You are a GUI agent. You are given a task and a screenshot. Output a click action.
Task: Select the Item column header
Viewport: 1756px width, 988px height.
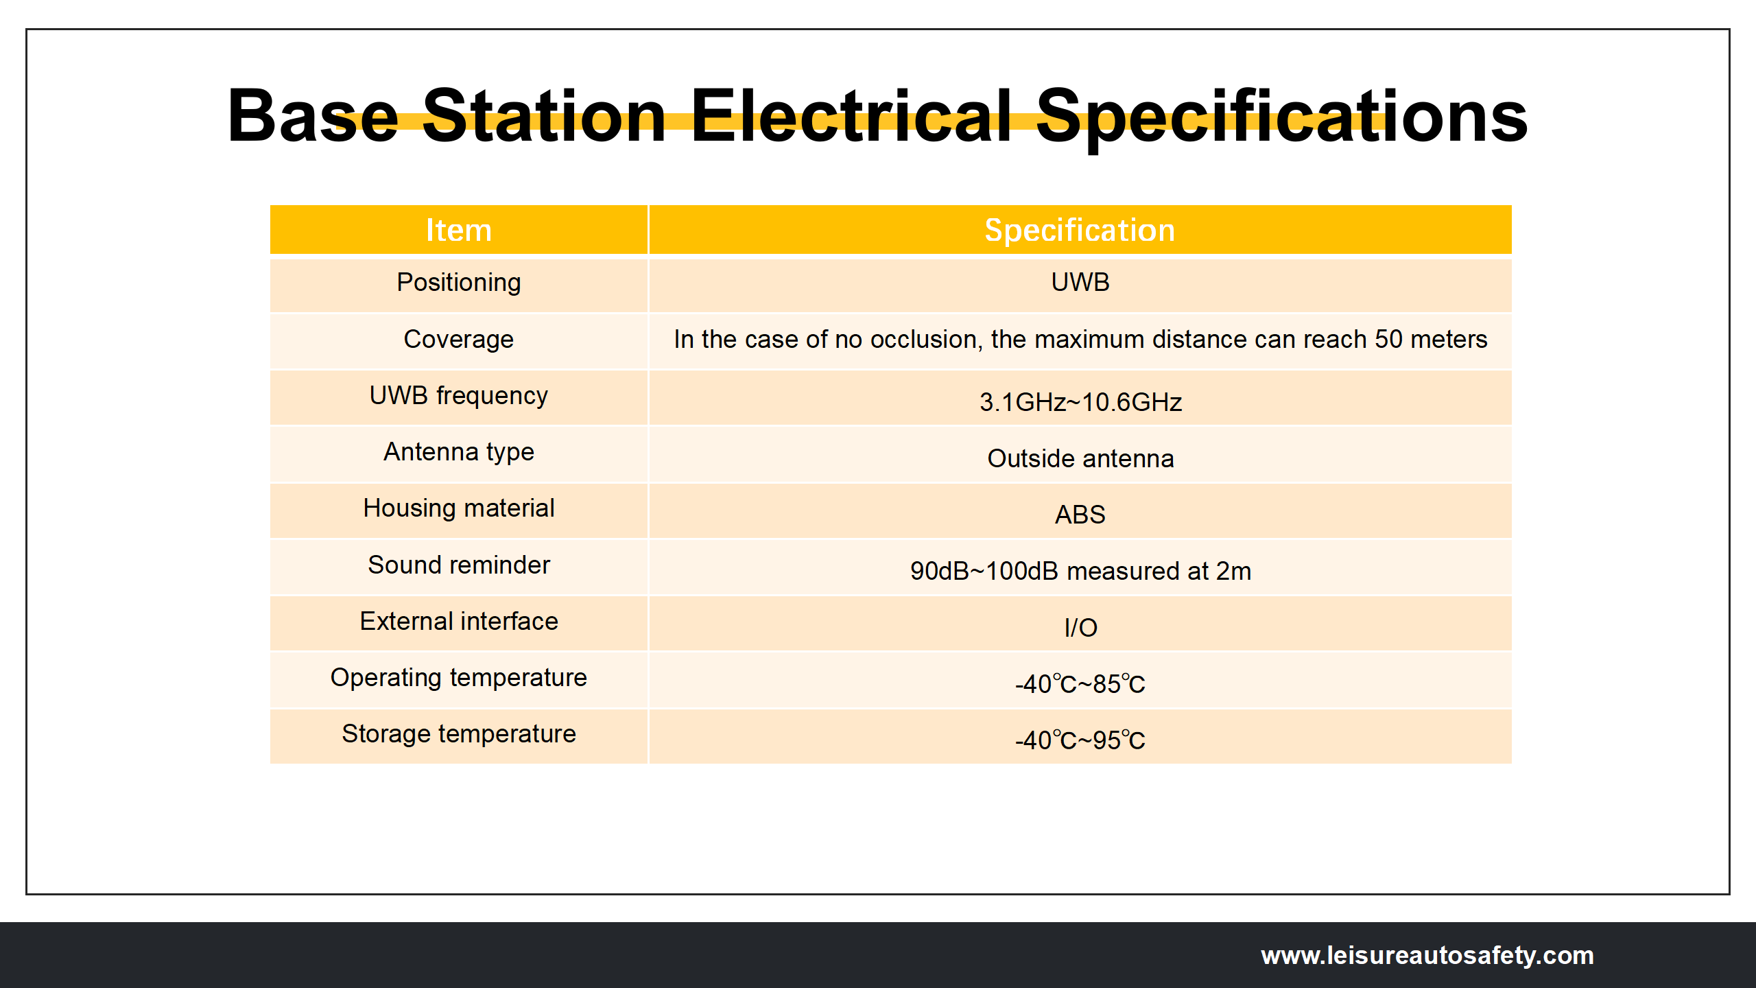click(459, 230)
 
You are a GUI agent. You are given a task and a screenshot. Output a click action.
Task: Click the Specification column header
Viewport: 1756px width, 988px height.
click(1080, 230)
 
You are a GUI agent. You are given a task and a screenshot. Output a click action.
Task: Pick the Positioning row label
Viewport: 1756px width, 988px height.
click(459, 283)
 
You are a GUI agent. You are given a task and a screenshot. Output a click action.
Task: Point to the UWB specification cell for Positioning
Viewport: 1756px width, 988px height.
click(1080, 282)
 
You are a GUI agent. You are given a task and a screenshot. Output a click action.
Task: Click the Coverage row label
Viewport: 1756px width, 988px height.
click(459, 340)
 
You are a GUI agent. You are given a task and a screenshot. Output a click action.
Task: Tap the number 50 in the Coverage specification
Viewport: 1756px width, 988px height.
click(1388, 339)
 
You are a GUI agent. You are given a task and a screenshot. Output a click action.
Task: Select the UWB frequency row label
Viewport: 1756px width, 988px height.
click(459, 396)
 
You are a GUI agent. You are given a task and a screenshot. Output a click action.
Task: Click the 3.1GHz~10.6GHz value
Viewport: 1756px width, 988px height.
click(1080, 402)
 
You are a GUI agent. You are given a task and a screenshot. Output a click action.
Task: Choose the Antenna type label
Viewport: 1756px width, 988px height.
click(459, 452)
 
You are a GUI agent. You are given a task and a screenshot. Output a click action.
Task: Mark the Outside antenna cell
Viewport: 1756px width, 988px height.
click(1080, 458)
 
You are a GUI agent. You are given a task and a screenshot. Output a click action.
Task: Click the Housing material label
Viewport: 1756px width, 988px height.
click(459, 508)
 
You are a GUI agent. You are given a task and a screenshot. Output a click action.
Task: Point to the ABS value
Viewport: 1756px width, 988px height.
click(1080, 515)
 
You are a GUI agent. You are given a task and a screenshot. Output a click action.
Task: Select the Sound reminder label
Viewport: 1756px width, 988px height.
click(459, 565)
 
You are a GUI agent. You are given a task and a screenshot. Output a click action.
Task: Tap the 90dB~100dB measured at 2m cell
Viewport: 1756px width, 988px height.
click(1080, 571)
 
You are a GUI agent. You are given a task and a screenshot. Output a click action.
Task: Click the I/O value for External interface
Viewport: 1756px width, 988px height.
click(1080, 627)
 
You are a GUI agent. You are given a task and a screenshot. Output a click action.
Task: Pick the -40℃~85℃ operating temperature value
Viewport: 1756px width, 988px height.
click(1080, 684)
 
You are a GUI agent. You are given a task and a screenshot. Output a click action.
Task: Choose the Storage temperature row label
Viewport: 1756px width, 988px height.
click(459, 734)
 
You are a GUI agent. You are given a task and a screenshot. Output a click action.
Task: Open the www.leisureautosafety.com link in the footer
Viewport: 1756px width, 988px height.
click(1427, 955)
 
